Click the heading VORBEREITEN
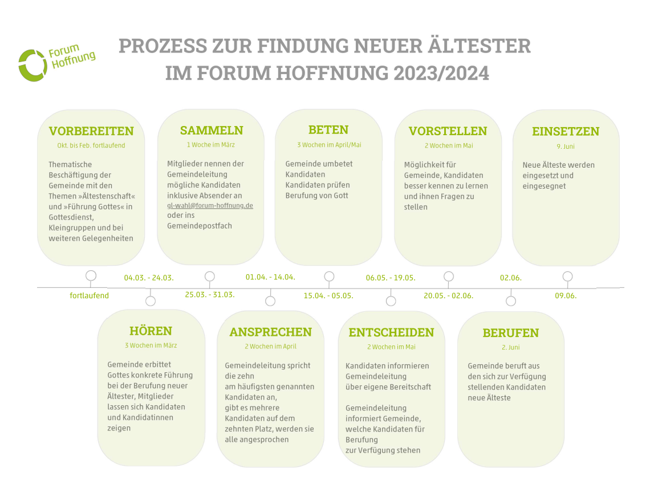click(91, 131)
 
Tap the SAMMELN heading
click(212, 130)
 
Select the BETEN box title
click(328, 130)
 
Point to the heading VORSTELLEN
click(448, 131)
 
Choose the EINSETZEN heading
click(566, 132)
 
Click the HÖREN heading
click(151, 331)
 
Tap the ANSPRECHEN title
click(271, 332)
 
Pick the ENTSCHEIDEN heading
click(391, 332)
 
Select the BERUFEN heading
click(511, 333)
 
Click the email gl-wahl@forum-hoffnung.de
click(210, 206)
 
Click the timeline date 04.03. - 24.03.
click(149, 278)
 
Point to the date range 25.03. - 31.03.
click(210, 295)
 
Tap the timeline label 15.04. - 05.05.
click(328, 296)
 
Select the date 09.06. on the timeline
click(566, 296)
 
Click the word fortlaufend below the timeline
click(90, 295)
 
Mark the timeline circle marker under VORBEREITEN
click(91, 276)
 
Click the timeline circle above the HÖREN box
click(151, 301)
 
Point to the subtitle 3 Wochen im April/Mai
click(329, 145)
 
